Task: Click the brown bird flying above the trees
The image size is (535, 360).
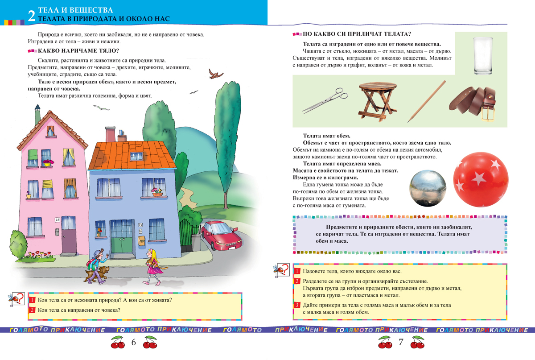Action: (x=217, y=74)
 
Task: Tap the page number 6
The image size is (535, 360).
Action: (x=133, y=343)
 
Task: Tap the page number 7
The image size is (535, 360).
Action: (x=400, y=343)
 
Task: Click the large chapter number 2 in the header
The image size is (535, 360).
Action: (x=31, y=16)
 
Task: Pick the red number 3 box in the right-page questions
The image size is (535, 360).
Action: (x=297, y=305)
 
